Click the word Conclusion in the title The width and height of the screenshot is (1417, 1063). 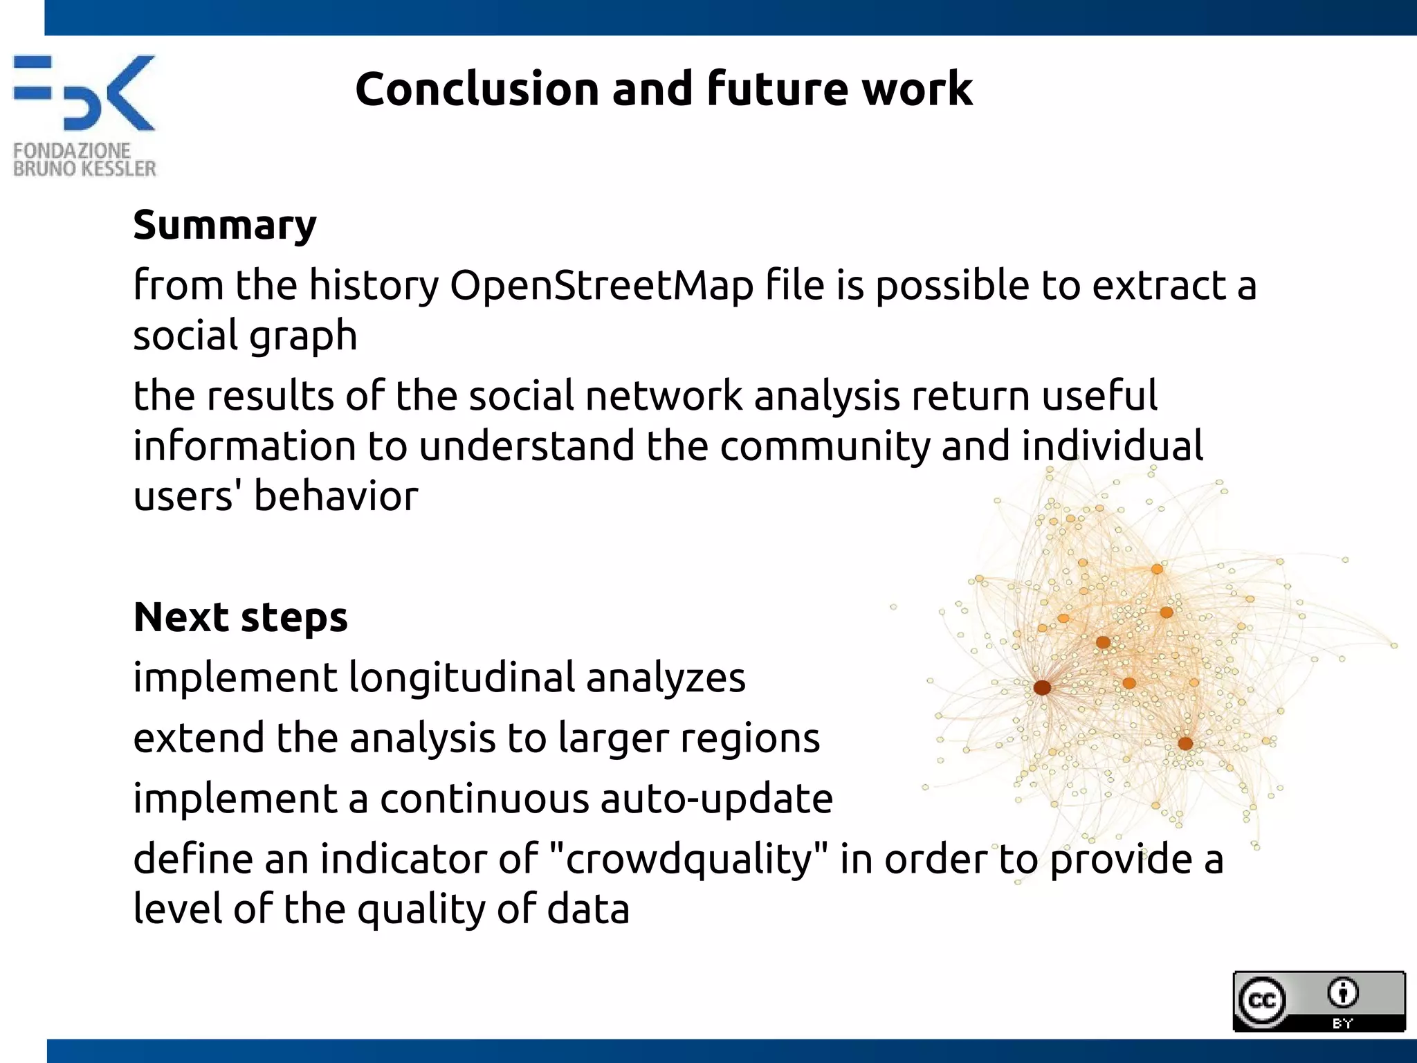[x=477, y=89]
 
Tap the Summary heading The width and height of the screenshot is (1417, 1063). [x=225, y=226]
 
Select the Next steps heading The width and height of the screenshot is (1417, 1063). [x=240, y=617]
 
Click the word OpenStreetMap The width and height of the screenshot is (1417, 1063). [x=601, y=286]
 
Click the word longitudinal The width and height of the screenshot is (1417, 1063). [x=461, y=678]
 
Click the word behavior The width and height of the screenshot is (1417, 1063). [x=336, y=497]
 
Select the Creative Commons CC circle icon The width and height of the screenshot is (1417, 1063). [x=1261, y=1001]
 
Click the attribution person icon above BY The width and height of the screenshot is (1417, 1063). [x=1343, y=993]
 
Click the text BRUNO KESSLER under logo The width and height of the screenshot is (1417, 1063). [x=84, y=169]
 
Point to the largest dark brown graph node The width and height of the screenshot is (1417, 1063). [x=1042, y=687]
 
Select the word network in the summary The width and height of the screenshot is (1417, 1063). [x=664, y=397]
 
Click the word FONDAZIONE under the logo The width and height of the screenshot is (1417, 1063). [x=71, y=150]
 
